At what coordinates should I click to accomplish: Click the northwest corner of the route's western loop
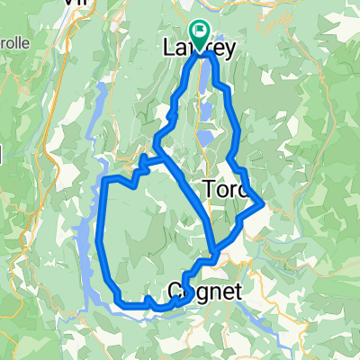tap(108, 180)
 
